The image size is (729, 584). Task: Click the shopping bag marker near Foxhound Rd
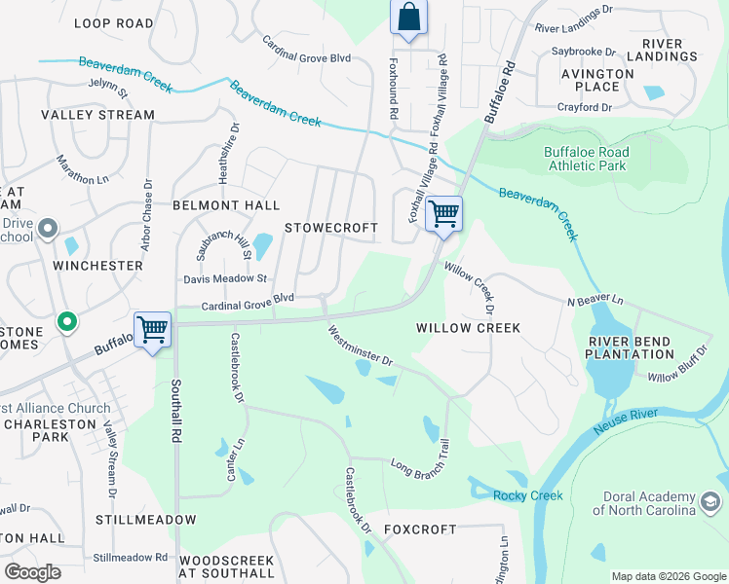408,18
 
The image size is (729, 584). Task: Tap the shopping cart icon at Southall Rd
153,330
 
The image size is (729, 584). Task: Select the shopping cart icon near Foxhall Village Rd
443,213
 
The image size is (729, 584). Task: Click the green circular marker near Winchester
66,320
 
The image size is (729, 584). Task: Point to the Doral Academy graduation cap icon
711,502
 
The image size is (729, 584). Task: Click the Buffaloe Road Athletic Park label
586,159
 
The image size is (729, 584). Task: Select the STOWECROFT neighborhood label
330,228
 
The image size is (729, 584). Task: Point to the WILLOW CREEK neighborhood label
469,328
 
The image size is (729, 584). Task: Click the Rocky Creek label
528,495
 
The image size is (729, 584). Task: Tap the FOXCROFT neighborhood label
419,529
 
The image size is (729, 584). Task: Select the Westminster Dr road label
361,346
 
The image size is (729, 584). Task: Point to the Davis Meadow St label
225,278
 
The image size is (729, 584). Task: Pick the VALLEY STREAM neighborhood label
97,115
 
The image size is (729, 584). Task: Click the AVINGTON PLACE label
597,81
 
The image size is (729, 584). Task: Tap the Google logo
32,571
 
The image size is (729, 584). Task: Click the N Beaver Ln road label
595,302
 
